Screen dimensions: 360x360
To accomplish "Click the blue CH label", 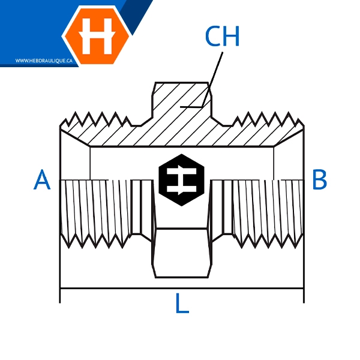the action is [222, 36].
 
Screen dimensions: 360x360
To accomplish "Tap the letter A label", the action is [42, 179].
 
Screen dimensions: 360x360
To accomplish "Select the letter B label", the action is [320, 179].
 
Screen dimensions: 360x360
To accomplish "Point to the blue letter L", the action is [182, 303].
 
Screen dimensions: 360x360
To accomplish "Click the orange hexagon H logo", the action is [97, 35].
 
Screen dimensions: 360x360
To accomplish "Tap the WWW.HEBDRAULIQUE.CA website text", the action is [44, 61].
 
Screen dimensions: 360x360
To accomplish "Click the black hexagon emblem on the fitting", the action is [181, 180].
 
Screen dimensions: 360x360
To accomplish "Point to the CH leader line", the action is [212, 79].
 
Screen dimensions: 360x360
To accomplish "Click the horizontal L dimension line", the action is [182, 288].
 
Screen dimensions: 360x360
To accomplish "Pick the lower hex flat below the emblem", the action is [181, 253].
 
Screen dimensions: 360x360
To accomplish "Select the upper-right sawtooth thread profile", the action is [268, 119].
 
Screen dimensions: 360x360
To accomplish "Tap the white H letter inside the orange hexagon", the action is [97, 36].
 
